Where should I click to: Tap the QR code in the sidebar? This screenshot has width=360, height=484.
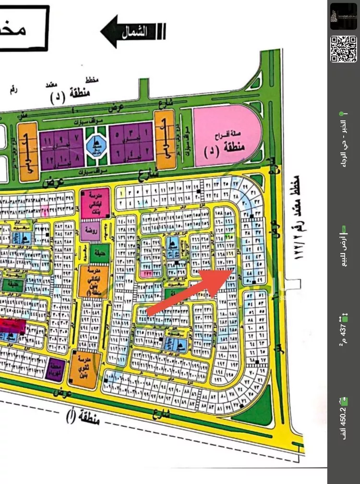(x=343, y=48)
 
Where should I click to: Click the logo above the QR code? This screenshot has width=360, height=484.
(x=343, y=16)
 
